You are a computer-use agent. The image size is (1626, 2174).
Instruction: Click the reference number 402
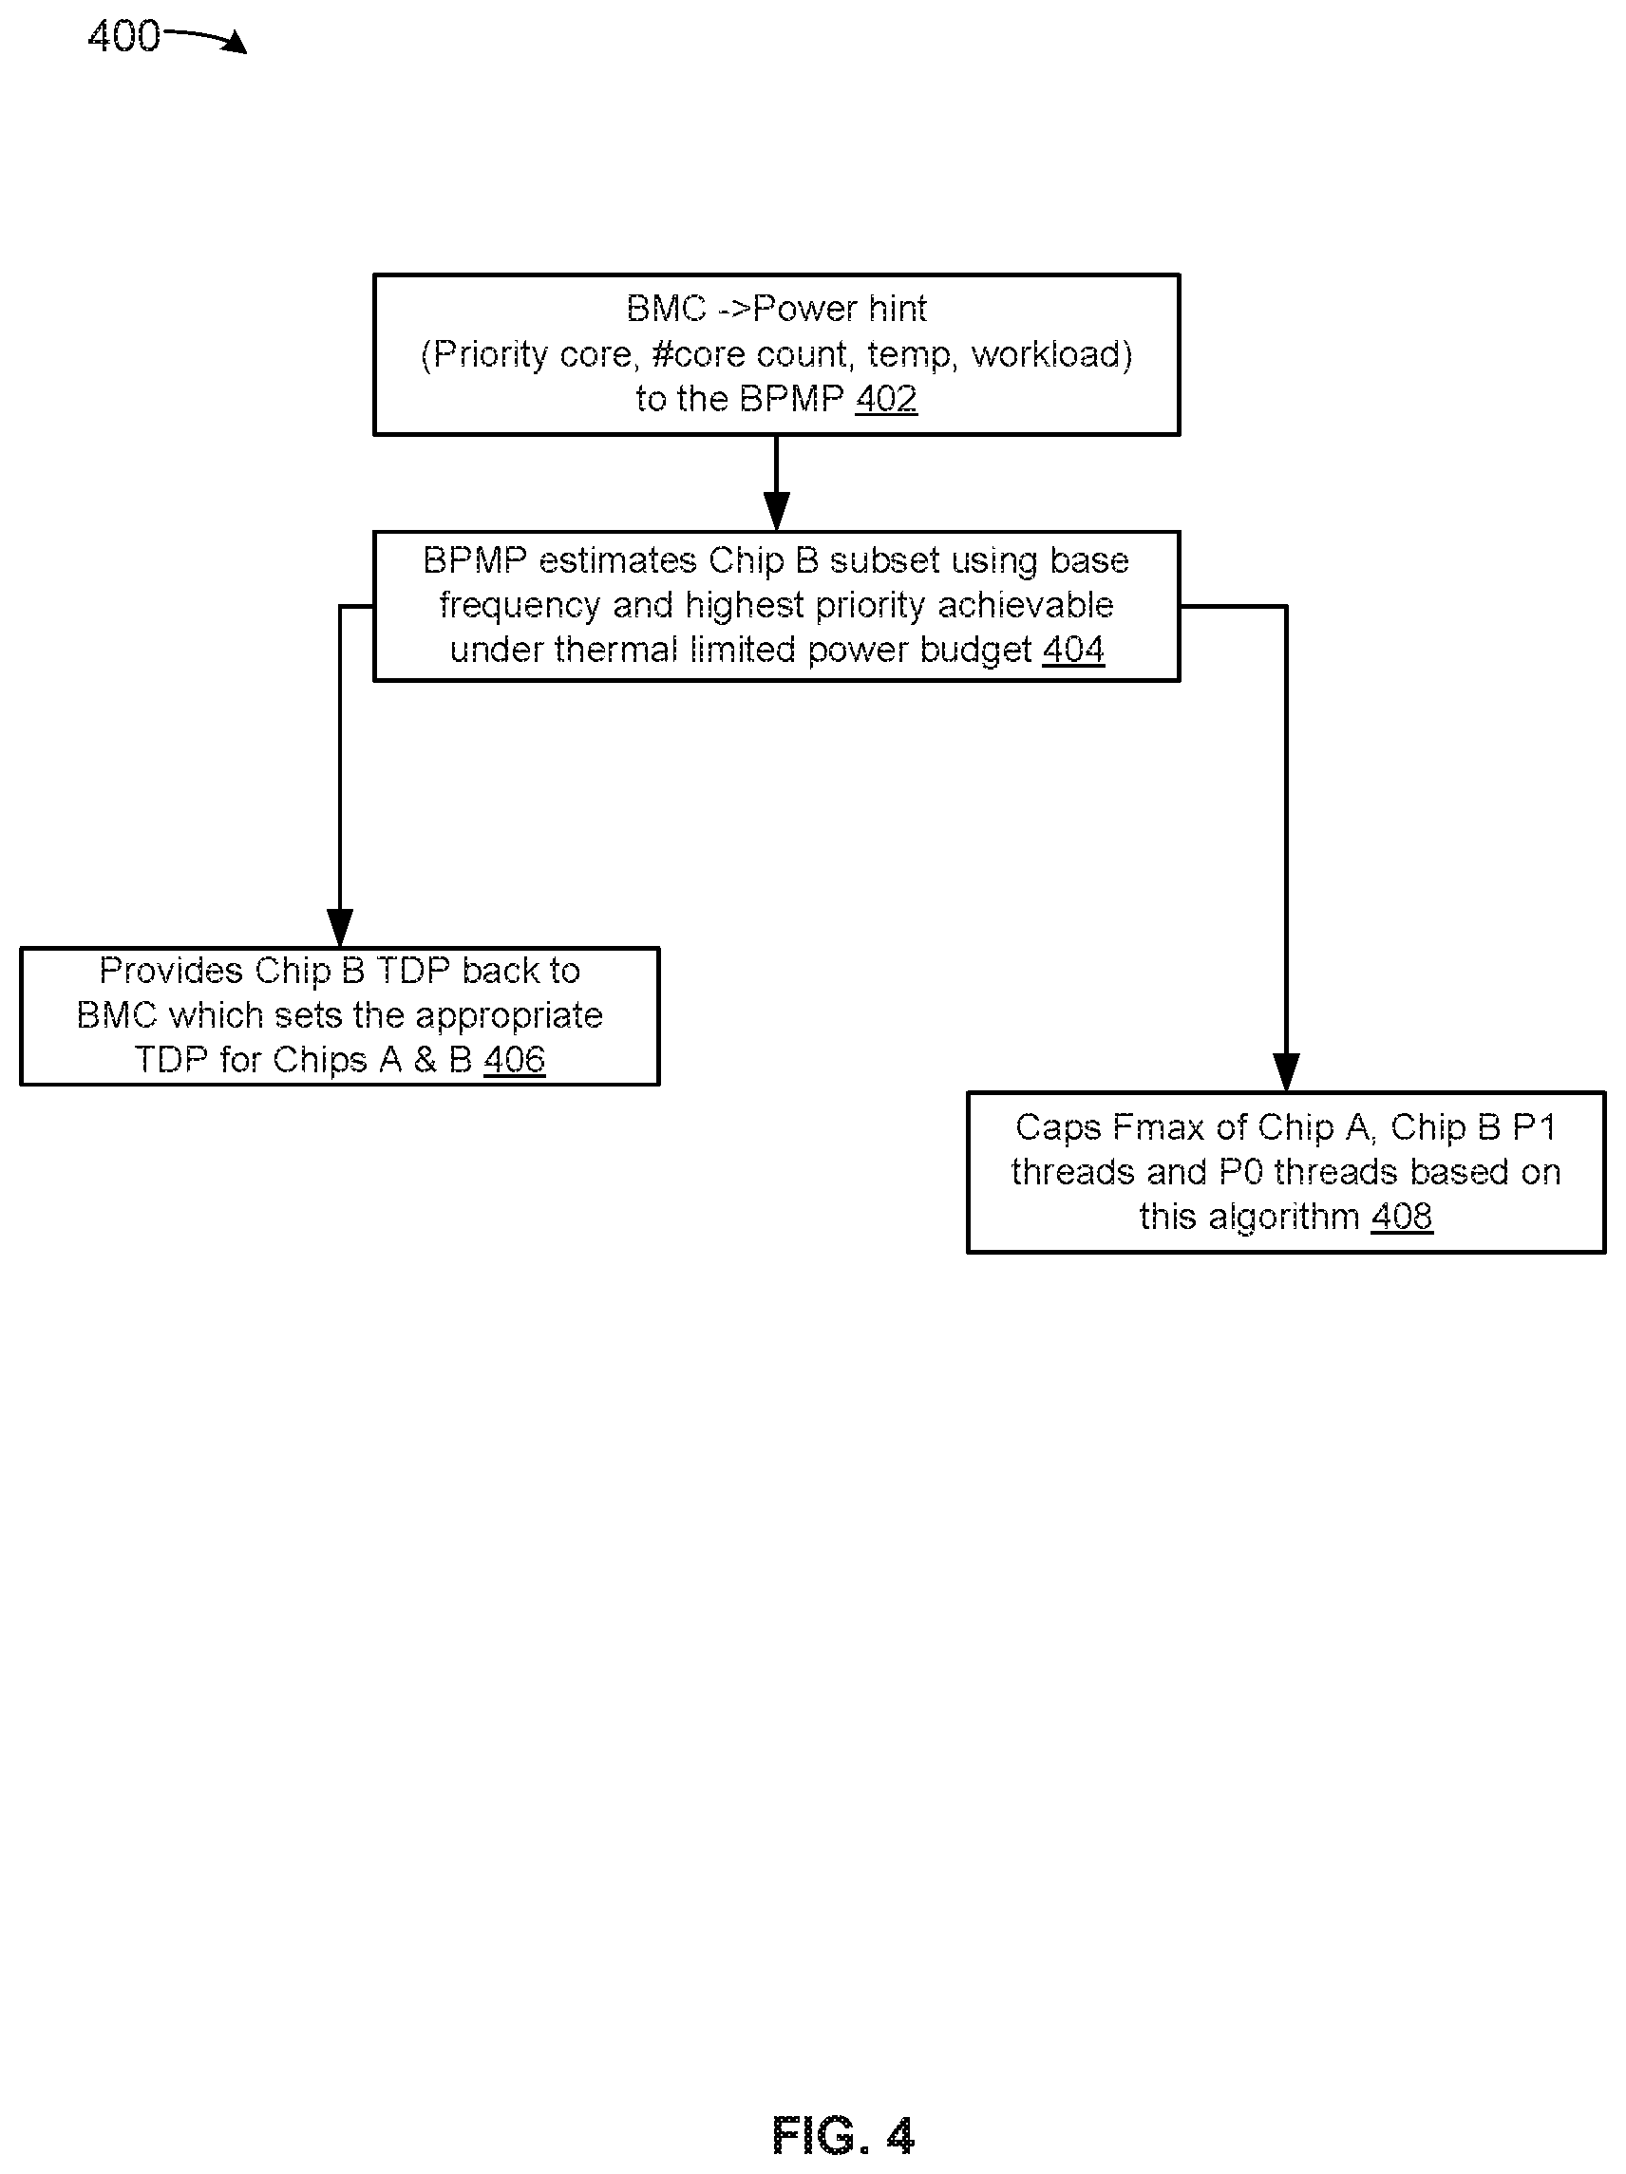click(886, 398)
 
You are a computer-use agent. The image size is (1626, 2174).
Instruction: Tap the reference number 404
click(1073, 649)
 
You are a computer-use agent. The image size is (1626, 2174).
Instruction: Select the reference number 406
click(514, 1060)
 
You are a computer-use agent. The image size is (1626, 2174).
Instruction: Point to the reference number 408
click(1402, 1217)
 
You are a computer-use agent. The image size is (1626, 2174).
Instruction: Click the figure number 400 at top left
click(123, 36)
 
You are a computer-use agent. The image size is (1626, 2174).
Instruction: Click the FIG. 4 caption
click(843, 2136)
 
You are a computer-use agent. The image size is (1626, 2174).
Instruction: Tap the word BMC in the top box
click(666, 309)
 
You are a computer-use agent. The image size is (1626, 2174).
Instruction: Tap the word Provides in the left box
click(171, 971)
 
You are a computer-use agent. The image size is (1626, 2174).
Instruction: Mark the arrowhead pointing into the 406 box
click(339, 928)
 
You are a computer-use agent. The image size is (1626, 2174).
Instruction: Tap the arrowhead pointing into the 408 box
click(1286, 1072)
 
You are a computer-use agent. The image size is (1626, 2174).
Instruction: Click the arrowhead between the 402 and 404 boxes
click(777, 512)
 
